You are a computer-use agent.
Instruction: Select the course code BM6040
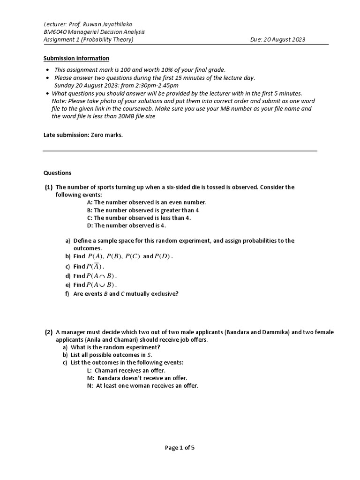tap(54, 32)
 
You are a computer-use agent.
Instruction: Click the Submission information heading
tap(76, 58)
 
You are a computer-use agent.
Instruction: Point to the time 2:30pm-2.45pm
tap(149, 85)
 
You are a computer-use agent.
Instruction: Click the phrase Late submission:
tap(62, 135)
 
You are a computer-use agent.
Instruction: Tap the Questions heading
tap(57, 172)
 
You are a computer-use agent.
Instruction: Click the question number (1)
tap(49, 187)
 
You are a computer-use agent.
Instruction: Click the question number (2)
tap(49, 332)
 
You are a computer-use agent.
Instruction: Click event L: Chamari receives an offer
tap(123, 370)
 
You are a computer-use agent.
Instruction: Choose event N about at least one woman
tap(140, 386)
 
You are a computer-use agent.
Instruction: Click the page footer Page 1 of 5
tap(180, 448)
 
